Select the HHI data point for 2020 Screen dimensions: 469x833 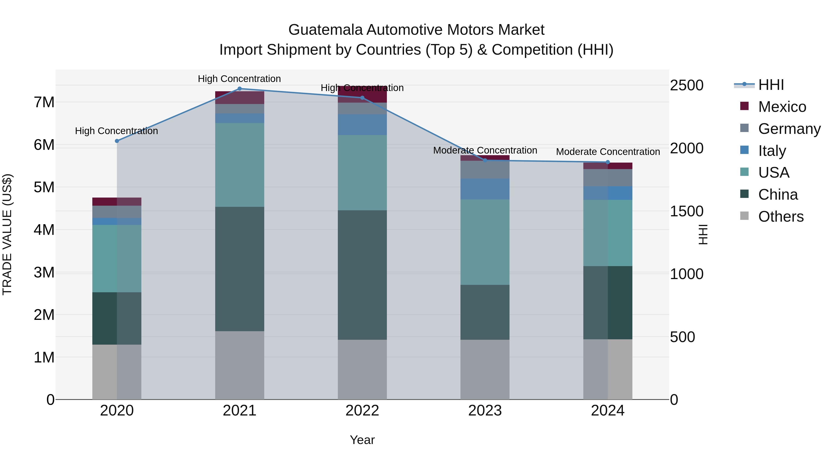pyautogui.click(x=117, y=141)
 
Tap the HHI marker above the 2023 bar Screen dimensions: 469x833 pyautogui.click(x=485, y=160)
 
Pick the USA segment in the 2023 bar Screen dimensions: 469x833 pyautogui.click(x=485, y=242)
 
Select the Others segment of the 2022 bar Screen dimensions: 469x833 pyautogui.click(x=362, y=369)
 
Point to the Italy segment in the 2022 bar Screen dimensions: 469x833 pyautogui.click(x=362, y=125)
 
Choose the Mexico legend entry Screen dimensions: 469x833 pyautogui.click(x=782, y=107)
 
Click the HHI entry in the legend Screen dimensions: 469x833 pyautogui.click(x=771, y=85)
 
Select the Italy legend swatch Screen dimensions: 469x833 pyautogui.click(x=744, y=150)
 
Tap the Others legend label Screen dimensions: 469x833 pyautogui.click(x=781, y=217)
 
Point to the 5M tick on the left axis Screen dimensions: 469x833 pyautogui.click(x=44, y=187)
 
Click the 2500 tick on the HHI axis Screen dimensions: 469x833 pyautogui.click(x=687, y=85)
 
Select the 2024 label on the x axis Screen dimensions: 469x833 pyautogui.click(x=608, y=411)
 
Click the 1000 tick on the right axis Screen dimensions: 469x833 pyautogui.click(x=687, y=274)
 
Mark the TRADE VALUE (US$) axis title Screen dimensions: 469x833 pyautogui.click(x=7, y=234)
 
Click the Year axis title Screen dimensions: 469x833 pyautogui.click(x=362, y=440)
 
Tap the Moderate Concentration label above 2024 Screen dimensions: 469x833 pyautogui.click(x=608, y=151)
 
